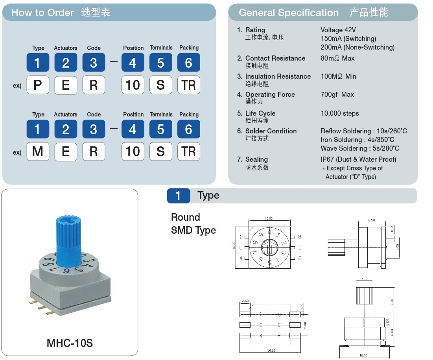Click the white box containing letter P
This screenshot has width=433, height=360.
[x=38, y=85]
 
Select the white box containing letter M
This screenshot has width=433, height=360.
[x=38, y=151]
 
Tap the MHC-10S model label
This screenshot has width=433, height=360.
[x=70, y=343]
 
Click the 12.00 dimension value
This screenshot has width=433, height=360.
[x=363, y=355]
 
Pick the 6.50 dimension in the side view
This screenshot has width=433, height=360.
[x=371, y=220]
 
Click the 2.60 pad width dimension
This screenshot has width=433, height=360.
[x=245, y=301]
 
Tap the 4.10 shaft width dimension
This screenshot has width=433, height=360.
[x=364, y=279]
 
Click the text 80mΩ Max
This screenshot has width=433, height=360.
[x=337, y=58]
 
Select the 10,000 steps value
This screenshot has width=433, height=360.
[x=340, y=113]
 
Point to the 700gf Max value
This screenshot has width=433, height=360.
[x=337, y=94]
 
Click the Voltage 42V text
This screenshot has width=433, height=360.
[x=338, y=30]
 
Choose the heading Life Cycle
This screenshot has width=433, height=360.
[x=260, y=113]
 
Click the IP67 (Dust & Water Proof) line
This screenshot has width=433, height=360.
[x=358, y=159]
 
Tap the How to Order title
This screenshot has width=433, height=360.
[x=42, y=13]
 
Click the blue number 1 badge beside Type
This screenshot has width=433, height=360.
[x=178, y=196]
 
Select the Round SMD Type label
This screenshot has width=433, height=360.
[x=193, y=224]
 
